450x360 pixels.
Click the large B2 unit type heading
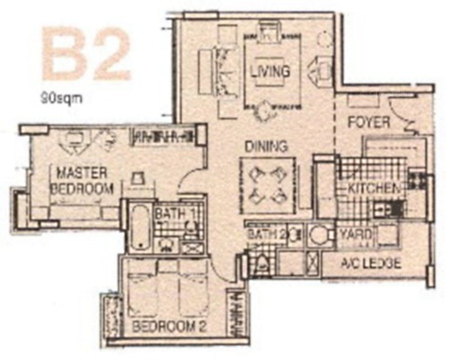[86, 53]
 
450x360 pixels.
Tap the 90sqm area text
[61, 98]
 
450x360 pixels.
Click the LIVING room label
[270, 71]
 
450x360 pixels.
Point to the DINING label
[266, 146]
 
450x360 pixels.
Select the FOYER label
[369, 122]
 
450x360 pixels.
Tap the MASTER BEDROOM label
[82, 181]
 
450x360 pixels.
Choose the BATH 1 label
[175, 214]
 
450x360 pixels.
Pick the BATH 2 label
[266, 234]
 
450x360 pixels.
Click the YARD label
[355, 234]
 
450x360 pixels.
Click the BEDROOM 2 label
[169, 326]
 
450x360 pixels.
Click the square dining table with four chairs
[268, 185]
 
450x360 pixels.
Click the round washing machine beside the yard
[319, 235]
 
